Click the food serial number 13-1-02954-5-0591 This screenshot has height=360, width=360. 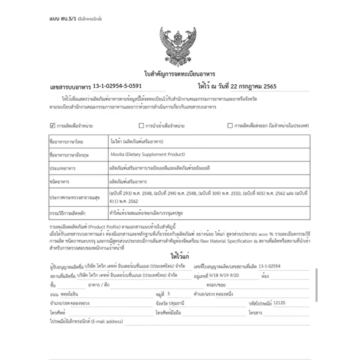coord(119,85)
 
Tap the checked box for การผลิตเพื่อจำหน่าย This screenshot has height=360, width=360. coord(53,126)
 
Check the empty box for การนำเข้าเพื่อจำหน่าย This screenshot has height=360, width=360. coord(141,126)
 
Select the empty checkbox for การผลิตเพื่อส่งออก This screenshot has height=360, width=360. coord(230,126)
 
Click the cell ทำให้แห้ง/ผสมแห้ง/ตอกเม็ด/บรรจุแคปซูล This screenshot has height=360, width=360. coord(143,212)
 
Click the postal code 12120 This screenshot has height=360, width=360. coord(279,303)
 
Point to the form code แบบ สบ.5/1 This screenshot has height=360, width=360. coord(62,19)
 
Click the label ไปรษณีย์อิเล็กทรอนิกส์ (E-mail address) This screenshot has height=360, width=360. coord(86,321)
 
